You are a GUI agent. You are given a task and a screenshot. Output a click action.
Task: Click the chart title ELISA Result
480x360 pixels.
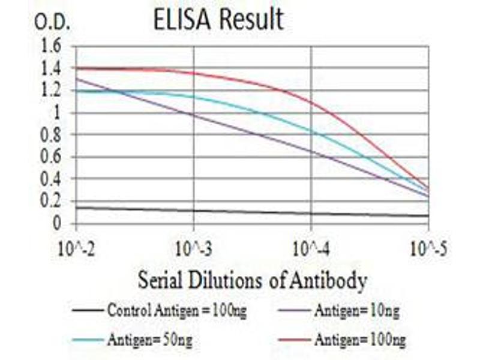coord(218,19)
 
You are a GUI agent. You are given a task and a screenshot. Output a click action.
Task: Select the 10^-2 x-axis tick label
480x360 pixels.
coord(76,248)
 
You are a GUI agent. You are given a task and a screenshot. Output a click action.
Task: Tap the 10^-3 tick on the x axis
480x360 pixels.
coord(193,248)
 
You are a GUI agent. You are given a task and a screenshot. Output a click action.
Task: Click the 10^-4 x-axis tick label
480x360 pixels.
coord(311,248)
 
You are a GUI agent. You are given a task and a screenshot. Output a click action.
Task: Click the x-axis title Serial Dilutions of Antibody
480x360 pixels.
coord(253,280)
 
